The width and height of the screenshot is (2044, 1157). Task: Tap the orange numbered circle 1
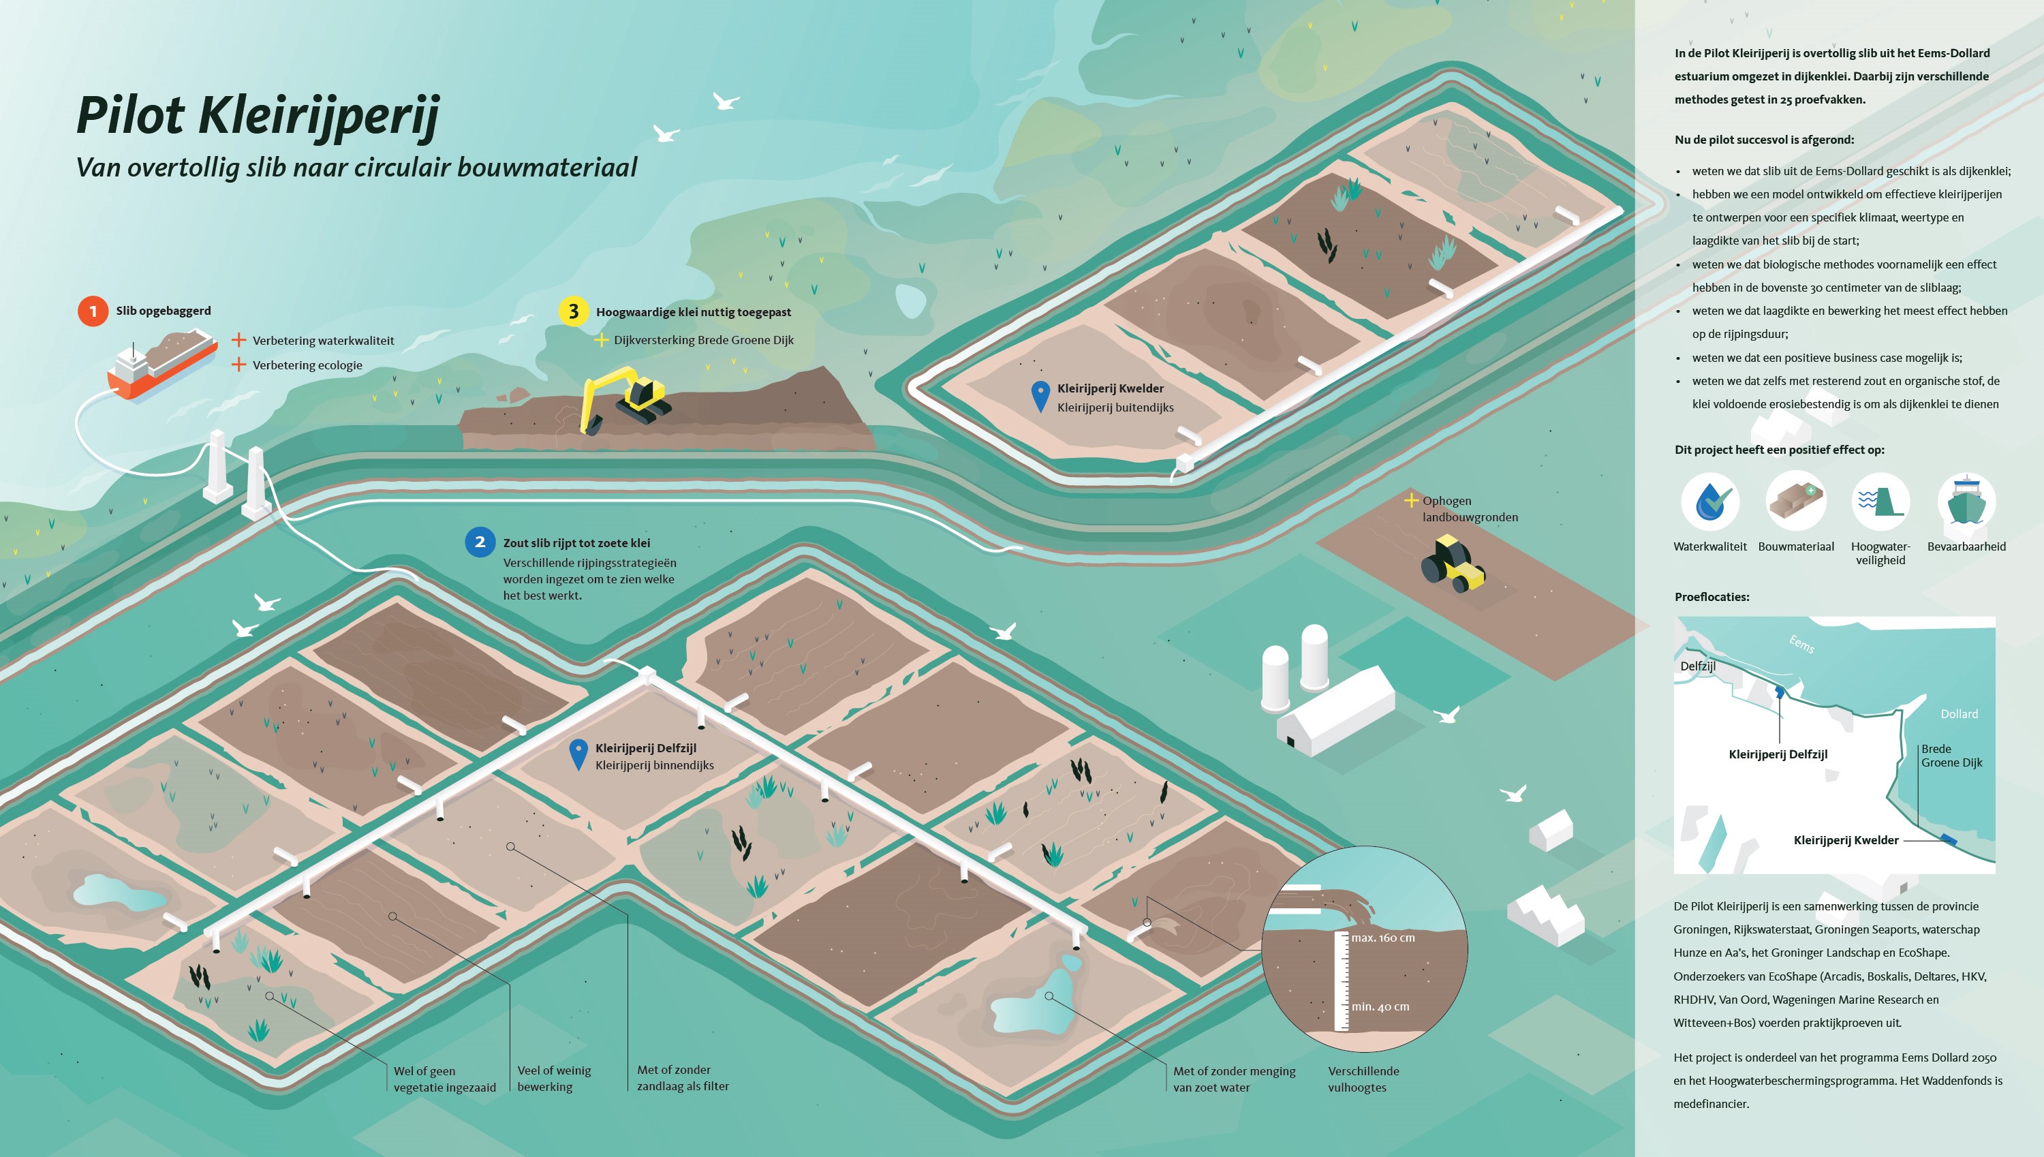[x=93, y=311]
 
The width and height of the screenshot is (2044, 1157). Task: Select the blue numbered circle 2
[x=480, y=542]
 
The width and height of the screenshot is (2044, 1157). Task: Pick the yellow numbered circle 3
[x=574, y=311]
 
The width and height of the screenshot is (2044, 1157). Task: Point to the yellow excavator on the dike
[x=624, y=400]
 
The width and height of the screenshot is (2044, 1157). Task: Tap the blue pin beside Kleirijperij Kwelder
[x=1040, y=396]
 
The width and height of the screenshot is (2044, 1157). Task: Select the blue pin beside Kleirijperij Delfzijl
[x=579, y=754]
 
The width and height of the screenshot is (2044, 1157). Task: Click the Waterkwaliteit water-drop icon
[x=1710, y=502]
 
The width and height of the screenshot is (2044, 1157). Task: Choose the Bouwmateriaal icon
[x=1795, y=502]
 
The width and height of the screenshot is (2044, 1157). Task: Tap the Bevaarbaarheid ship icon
[x=1966, y=502]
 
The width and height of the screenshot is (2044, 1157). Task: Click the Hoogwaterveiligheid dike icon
[x=1880, y=502]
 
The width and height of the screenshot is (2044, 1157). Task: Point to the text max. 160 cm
[x=1383, y=938]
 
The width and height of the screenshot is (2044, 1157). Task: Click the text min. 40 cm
[x=1380, y=1007]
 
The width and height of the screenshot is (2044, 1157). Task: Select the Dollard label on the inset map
[x=1959, y=713]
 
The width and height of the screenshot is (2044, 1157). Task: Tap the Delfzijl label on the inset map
[x=1698, y=666]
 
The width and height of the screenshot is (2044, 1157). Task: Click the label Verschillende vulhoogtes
[x=1363, y=1079]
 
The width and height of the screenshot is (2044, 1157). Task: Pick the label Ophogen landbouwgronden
[x=1470, y=508]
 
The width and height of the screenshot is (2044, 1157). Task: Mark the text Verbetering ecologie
[x=307, y=365]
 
